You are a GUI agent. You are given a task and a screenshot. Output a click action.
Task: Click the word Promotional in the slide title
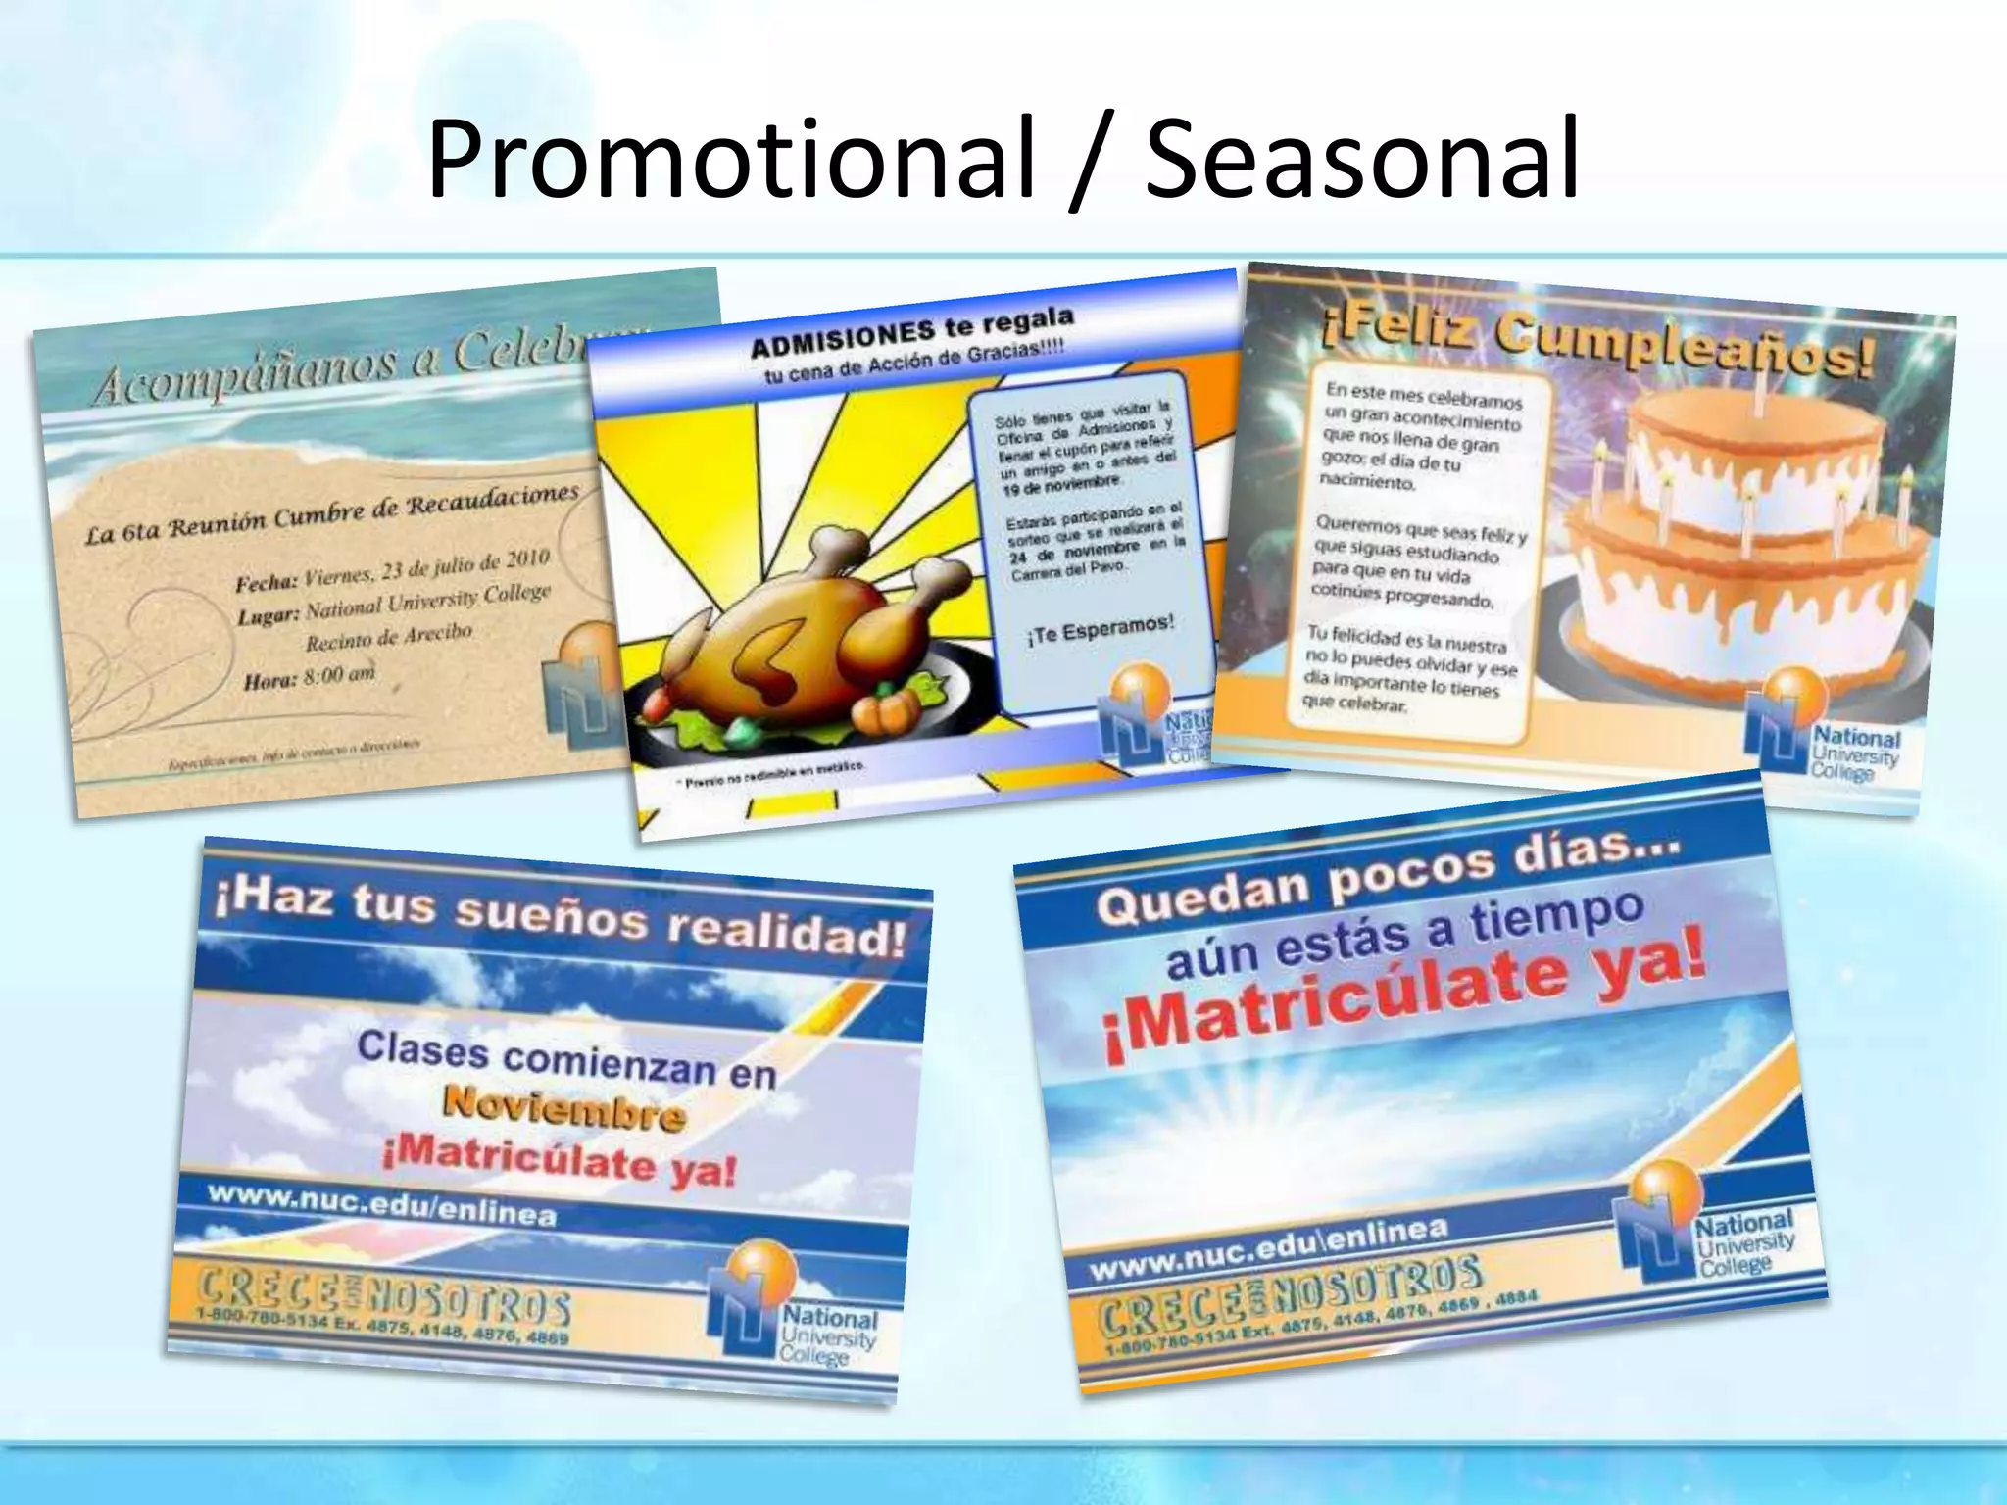730,159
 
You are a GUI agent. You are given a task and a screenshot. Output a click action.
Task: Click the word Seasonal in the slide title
1362,159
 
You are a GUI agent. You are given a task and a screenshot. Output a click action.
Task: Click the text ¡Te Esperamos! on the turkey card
1101,630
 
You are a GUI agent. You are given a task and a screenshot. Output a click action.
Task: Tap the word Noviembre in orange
563,1110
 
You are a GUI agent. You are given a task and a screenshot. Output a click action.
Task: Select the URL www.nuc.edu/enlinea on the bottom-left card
382,1206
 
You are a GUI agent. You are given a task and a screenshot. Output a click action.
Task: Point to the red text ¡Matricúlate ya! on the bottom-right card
1406,995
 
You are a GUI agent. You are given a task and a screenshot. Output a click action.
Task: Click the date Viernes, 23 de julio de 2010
426,568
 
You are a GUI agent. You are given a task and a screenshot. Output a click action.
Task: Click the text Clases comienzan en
566,1061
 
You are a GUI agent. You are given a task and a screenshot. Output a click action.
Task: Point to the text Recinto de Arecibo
389,637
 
